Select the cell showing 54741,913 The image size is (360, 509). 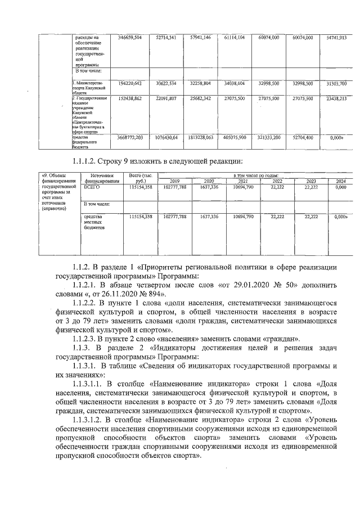click(336, 38)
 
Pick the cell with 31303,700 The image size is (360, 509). click(336, 83)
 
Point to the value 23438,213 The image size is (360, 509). click(336, 98)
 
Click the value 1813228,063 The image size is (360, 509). click(201, 137)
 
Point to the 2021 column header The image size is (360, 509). click(243, 182)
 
